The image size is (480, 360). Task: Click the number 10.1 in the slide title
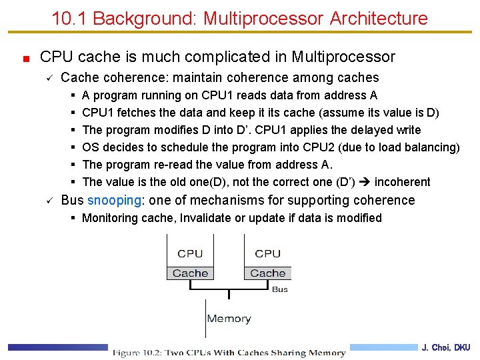(70, 18)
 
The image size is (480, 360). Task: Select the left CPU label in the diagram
(190, 253)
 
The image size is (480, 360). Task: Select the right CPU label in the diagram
(268, 253)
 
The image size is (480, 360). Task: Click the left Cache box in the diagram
(190, 273)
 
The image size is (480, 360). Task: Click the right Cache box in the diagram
(268, 273)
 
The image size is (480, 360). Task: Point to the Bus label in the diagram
(280, 289)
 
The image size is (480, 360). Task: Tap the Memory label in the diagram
(229, 319)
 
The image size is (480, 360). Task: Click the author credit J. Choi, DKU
(445, 347)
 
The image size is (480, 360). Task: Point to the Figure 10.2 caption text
(229, 353)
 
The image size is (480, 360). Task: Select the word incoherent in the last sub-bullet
(403, 182)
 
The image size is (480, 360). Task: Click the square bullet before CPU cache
(25, 59)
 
